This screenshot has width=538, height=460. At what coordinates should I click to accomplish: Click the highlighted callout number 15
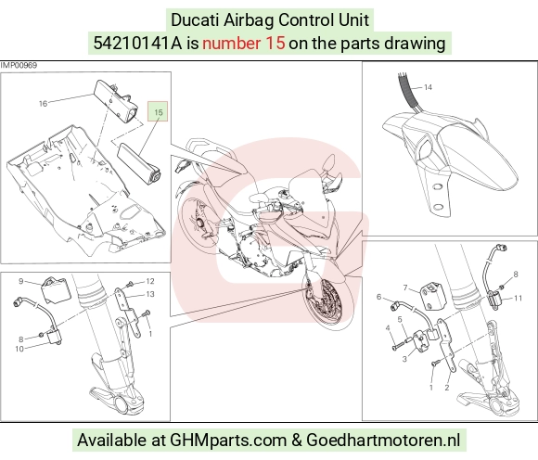click(x=159, y=112)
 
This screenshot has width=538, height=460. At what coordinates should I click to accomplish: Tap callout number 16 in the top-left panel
click(x=43, y=104)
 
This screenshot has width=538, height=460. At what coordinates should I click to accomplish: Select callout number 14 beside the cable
click(x=428, y=87)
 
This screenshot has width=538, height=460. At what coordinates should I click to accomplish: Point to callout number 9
click(x=21, y=281)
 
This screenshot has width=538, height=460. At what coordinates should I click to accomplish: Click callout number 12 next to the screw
click(x=150, y=281)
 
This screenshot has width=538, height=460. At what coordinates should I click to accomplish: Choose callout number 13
click(x=150, y=294)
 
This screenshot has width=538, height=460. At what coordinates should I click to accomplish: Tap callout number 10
click(x=19, y=349)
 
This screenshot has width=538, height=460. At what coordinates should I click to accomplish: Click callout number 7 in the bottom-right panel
click(x=405, y=287)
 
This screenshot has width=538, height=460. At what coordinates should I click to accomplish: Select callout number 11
click(x=519, y=298)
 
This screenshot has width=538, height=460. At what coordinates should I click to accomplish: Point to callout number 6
click(x=378, y=297)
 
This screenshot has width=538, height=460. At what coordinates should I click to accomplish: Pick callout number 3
click(x=404, y=359)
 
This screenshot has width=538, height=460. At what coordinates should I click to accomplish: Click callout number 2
click(x=447, y=388)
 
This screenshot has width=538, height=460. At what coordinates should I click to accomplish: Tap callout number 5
click(x=400, y=320)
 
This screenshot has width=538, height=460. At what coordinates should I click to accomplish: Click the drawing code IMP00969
click(x=19, y=65)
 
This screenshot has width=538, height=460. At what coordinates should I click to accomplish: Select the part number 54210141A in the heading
click(x=137, y=44)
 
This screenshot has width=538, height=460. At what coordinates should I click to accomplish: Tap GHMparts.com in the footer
click(x=228, y=441)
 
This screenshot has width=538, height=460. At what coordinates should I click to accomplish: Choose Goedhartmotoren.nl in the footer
click(x=383, y=440)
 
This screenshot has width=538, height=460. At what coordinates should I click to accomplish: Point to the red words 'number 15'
click(x=244, y=44)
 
